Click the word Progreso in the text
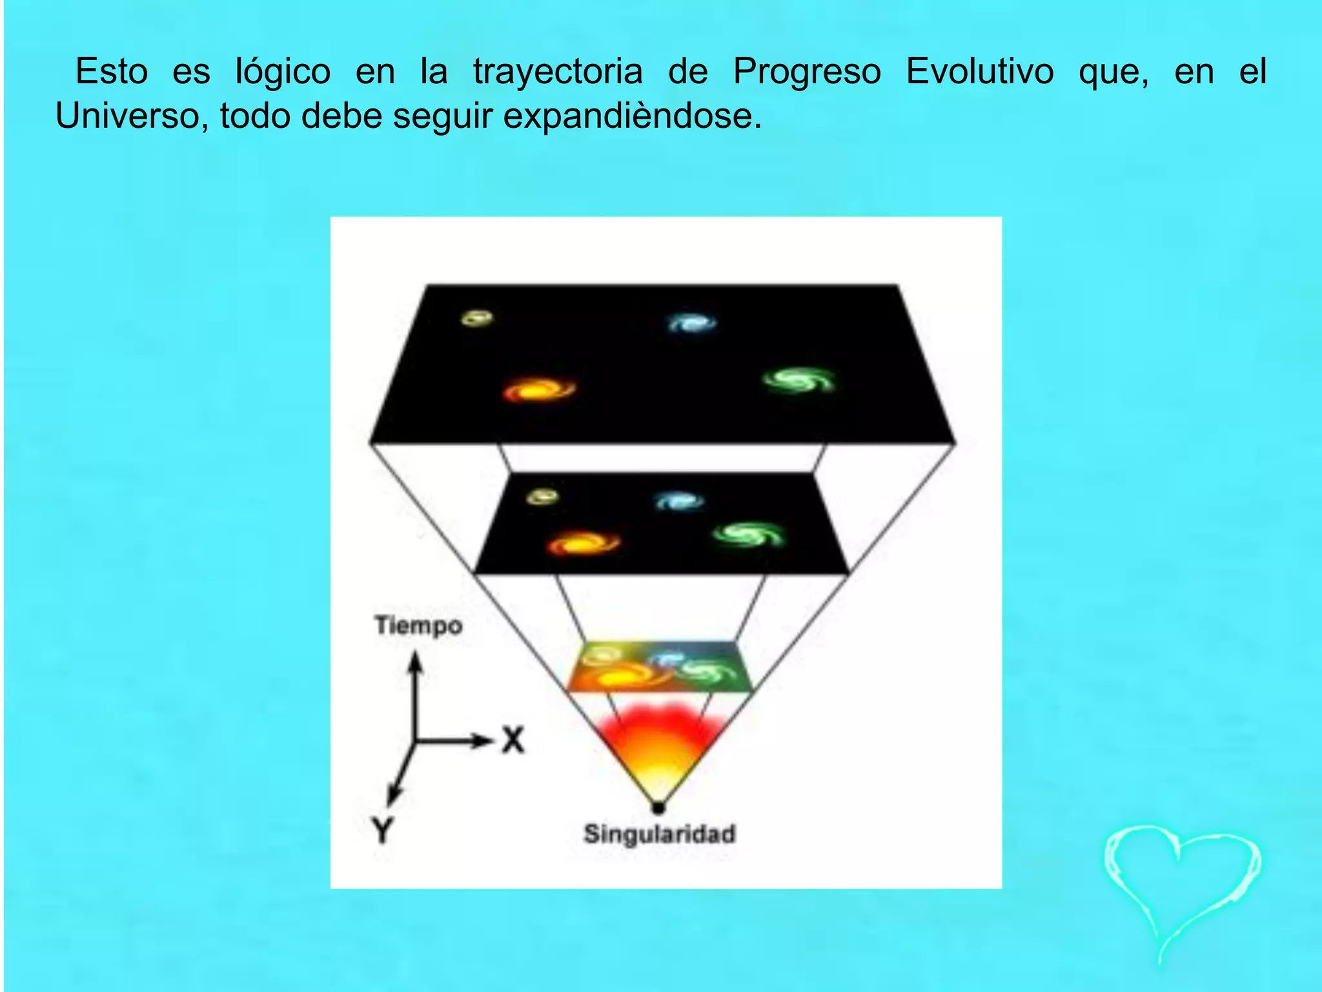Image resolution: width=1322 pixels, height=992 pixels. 806,72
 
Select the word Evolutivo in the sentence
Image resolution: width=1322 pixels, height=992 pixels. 979,71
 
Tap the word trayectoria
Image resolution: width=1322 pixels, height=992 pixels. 558,72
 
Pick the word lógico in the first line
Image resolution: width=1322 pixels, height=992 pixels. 282,72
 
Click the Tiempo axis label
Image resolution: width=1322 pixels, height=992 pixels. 418,625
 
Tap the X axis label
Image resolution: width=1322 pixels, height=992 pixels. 513,739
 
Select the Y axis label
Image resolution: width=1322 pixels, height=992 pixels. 382,830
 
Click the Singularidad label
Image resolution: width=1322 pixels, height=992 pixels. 659,834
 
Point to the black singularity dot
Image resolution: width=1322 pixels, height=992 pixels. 658,807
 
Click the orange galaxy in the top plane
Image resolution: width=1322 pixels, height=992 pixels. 539,390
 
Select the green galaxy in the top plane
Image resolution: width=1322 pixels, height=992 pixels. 798,380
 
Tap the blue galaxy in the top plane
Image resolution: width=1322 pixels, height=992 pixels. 692,322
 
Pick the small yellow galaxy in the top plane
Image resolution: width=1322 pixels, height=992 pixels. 478,318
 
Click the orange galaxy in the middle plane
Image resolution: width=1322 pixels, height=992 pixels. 583,542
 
